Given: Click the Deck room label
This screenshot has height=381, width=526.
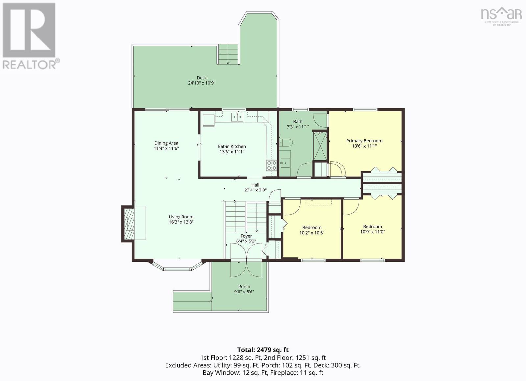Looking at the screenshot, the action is click(202, 78).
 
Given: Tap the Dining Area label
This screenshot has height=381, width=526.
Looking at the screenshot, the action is click(166, 143).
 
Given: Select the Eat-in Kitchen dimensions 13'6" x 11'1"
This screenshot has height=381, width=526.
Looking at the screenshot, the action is click(232, 152).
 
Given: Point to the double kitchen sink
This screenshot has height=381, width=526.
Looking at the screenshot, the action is click(237, 117).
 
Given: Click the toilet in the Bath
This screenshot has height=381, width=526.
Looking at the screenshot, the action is click(286, 142).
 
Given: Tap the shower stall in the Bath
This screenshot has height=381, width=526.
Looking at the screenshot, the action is click(320, 146).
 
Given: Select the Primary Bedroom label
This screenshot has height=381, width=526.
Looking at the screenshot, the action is click(365, 141).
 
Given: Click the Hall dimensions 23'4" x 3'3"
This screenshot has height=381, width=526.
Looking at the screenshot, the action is click(255, 190).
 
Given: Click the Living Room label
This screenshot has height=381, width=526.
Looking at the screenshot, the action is click(181, 217).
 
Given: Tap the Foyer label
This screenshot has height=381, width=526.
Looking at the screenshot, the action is click(246, 236).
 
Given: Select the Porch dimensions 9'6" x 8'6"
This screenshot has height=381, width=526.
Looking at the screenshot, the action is click(244, 292).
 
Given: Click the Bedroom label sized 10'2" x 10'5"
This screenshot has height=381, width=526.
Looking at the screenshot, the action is click(312, 228).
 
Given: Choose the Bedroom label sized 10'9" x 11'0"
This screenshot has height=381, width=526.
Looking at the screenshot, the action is click(373, 227).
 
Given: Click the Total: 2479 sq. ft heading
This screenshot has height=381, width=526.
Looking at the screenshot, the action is click(263, 350).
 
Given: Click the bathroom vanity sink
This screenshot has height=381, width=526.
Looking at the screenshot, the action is click(285, 163).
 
